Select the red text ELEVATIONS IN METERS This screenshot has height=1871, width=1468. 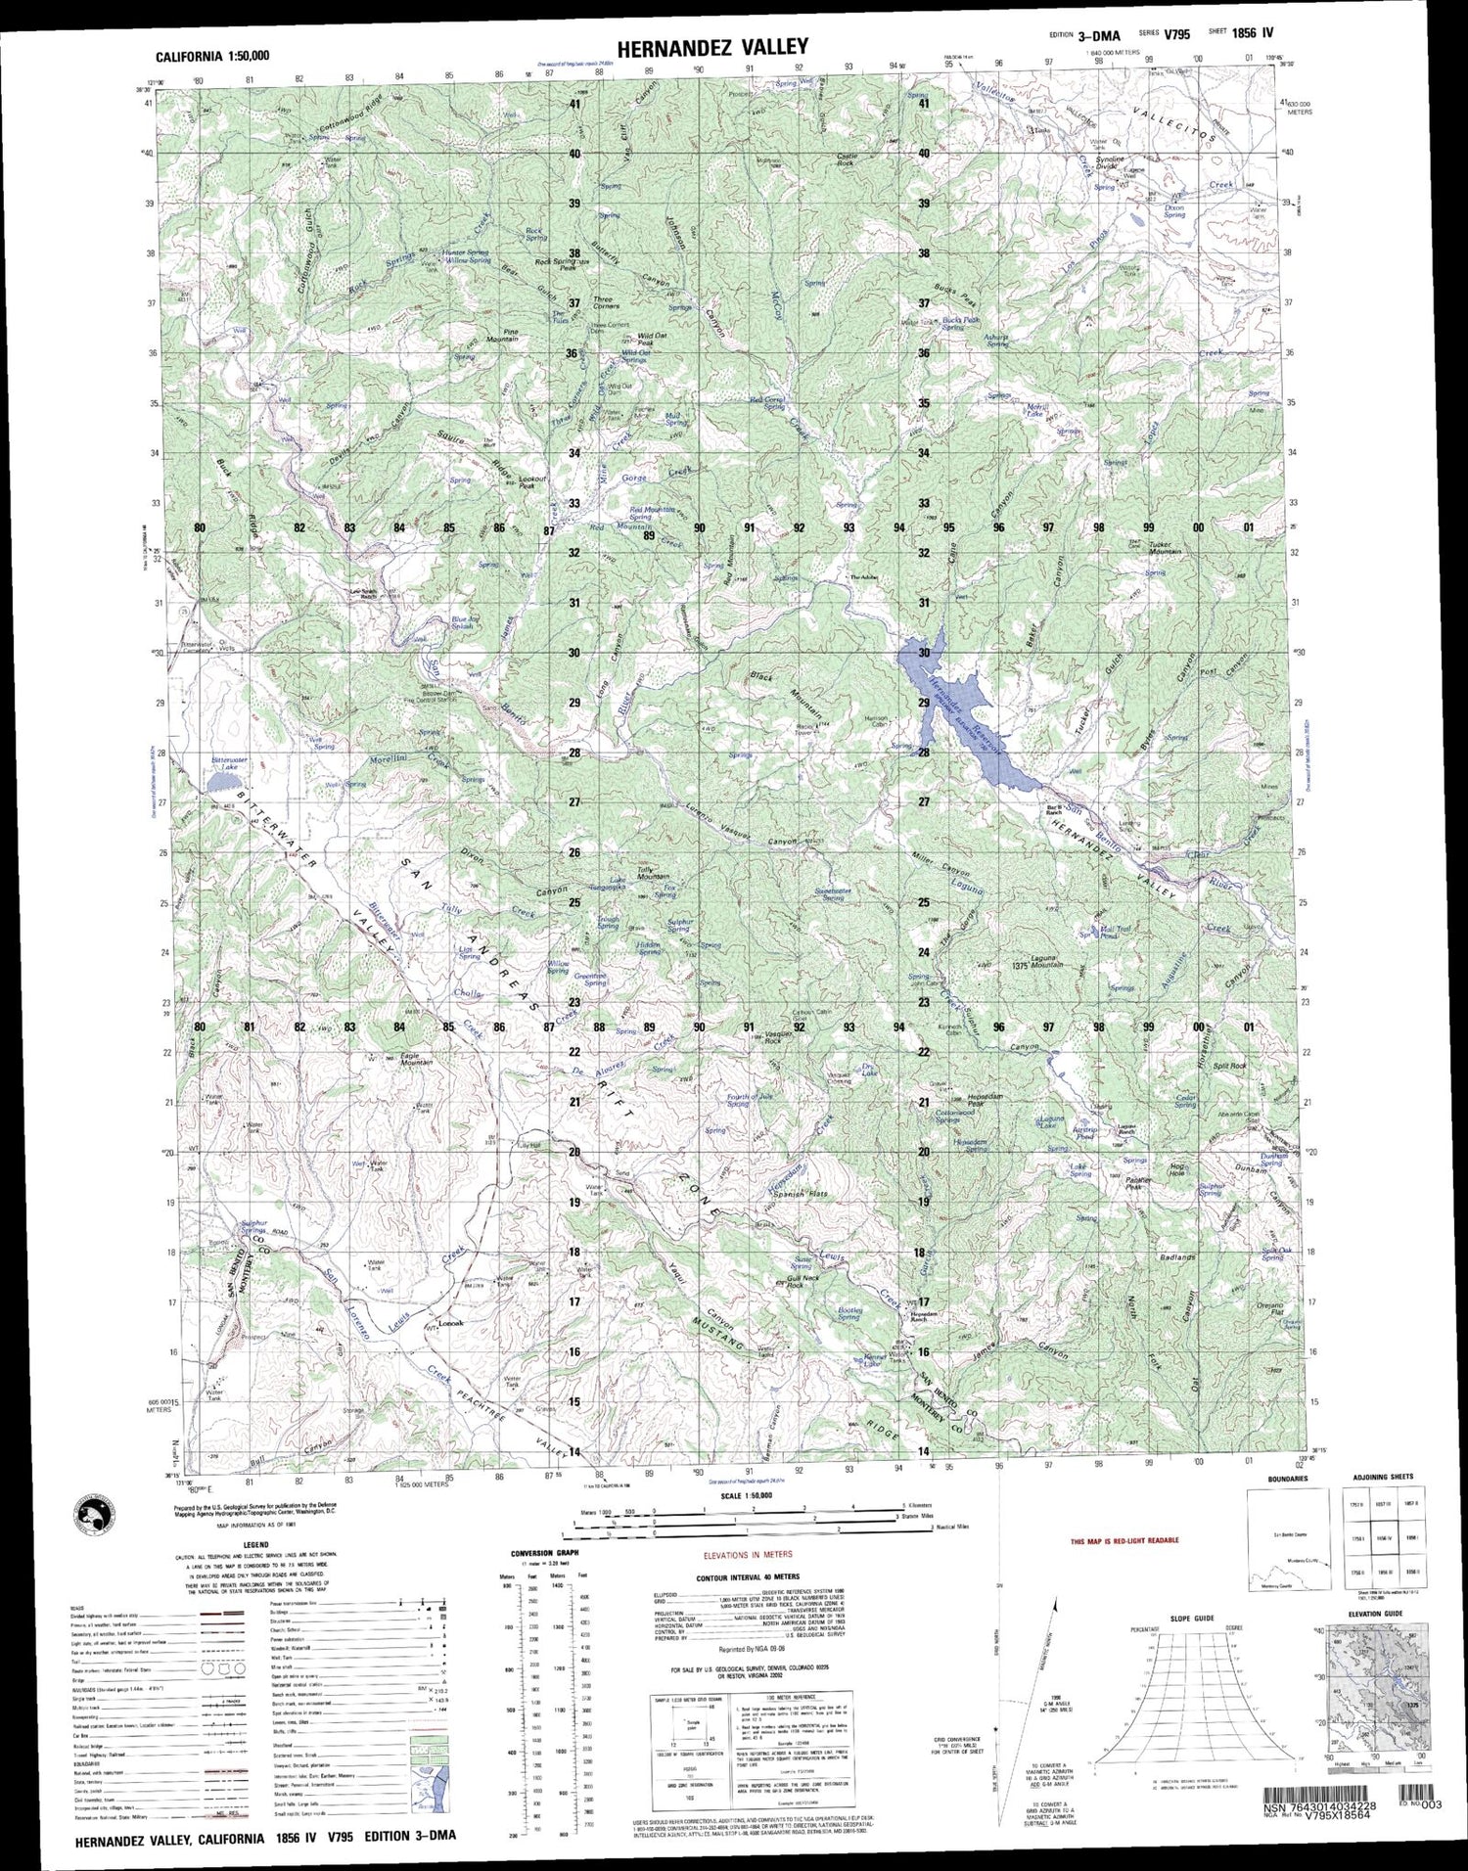pos(752,1554)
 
